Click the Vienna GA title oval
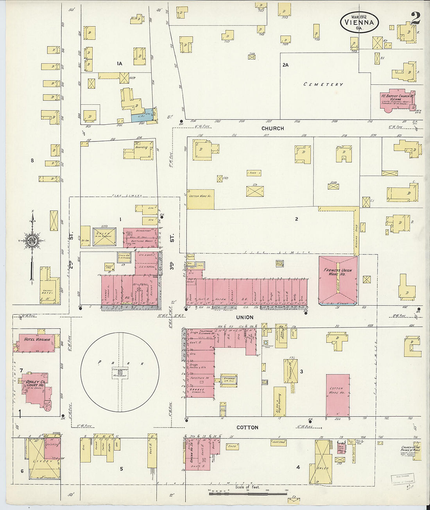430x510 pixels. click(x=359, y=22)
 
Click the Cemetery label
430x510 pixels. click(x=323, y=84)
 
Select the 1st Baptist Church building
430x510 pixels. click(x=396, y=101)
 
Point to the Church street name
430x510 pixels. click(x=272, y=128)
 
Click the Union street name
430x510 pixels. click(x=244, y=317)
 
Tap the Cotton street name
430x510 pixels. click(x=247, y=428)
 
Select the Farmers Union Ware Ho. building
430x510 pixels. click(x=338, y=279)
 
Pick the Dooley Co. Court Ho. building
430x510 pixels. click(x=36, y=389)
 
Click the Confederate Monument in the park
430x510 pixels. click(x=120, y=372)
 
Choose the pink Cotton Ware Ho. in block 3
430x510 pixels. click(x=337, y=395)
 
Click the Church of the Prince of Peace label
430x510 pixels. click(x=410, y=451)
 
